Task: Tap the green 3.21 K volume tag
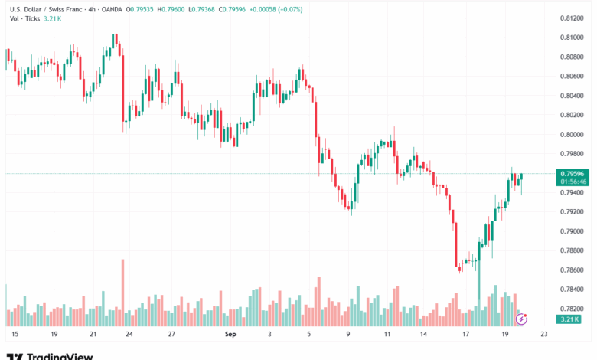pos(569,319)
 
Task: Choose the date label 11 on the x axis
pos(387,335)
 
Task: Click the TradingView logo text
pos(60,356)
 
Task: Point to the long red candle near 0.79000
pos(455,237)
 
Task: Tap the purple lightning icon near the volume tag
pos(522,318)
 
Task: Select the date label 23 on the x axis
pos(543,335)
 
